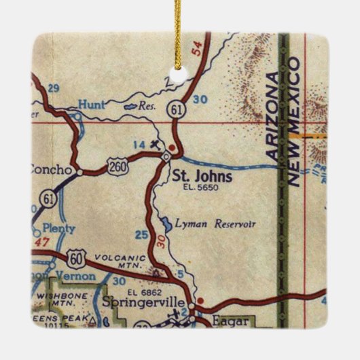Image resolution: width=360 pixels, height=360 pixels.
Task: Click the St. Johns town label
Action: (x=202, y=177)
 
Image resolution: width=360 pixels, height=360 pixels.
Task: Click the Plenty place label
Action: (x=58, y=229)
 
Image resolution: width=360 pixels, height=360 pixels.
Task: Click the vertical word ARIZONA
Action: (x=274, y=115)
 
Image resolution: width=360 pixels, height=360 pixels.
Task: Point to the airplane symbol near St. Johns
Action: (x=157, y=143)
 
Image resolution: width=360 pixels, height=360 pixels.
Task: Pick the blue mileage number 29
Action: (x=54, y=88)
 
